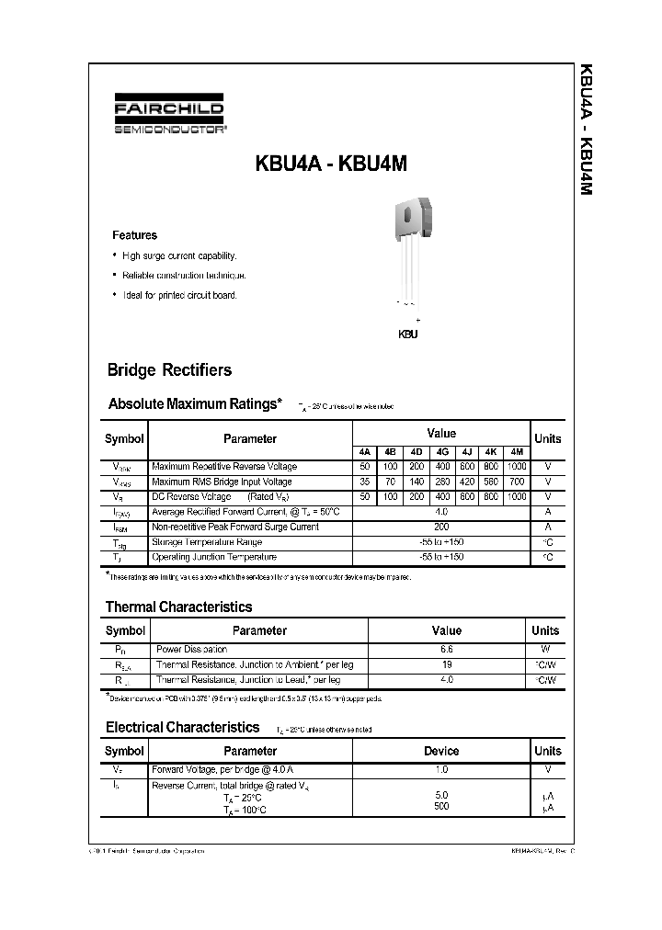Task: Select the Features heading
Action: [x=134, y=235]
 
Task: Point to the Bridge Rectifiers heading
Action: [x=169, y=370]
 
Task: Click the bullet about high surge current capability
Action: [x=178, y=256]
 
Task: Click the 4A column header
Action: [x=365, y=451]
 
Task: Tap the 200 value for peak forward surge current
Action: [x=441, y=527]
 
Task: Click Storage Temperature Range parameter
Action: [x=206, y=542]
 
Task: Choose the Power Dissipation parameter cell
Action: [x=190, y=649]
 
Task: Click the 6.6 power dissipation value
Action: [x=447, y=649]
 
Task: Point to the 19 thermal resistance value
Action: [x=447, y=664]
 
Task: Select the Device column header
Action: [x=441, y=751]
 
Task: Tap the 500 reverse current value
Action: [x=441, y=807]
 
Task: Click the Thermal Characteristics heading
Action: [x=178, y=607]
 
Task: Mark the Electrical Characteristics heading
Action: [x=182, y=727]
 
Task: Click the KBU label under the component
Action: [x=407, y=335]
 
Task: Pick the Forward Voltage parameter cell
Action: [x=210, y=769]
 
